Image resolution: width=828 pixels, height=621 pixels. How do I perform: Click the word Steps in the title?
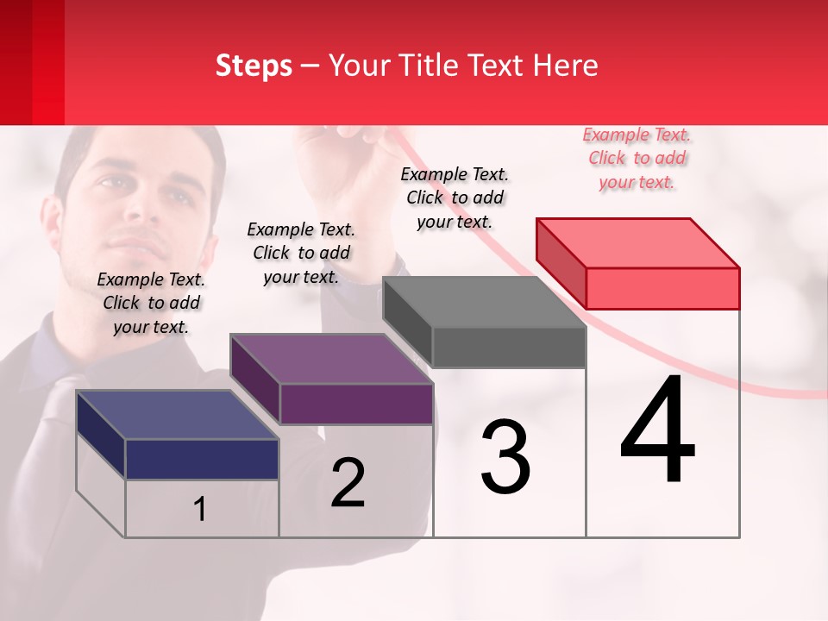pos(254,66)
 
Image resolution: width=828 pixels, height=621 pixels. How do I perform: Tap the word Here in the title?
pos(566,66)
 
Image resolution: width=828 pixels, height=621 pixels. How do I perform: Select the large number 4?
pos(658,431)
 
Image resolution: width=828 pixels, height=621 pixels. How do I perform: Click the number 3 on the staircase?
pos(505,457)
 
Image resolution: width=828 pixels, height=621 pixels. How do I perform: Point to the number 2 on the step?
pos(348,483)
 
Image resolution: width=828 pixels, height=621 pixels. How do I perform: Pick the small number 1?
pos(200,510)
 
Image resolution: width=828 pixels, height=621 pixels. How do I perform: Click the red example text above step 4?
pos(637,158)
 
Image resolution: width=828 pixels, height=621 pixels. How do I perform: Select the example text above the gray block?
pos(455,198)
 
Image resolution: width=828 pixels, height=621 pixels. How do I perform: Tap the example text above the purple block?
pos(301,253)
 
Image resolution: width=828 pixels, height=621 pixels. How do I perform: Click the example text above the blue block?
pos(151,303)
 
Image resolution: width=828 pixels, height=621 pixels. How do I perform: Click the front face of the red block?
pos(662,288)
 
